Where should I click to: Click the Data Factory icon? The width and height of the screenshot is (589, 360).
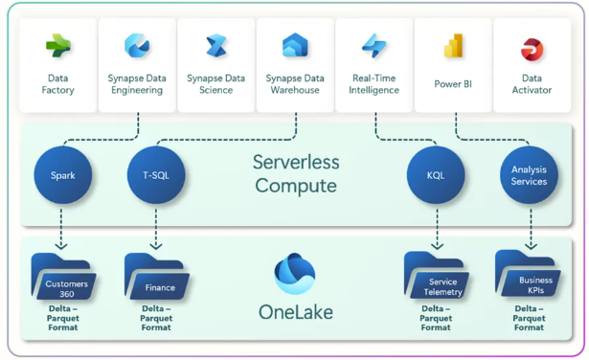coord(57,45)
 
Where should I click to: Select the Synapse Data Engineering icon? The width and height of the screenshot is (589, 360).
coord(137,45)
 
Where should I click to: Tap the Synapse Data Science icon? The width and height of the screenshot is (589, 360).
coord(216,45)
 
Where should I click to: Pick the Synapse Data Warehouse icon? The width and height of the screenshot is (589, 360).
coord(295,45)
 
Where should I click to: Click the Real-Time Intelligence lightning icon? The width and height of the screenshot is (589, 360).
coord(374,45)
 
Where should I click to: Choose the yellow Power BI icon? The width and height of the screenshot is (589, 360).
coord(453,45)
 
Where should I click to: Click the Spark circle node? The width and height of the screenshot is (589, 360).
coord(63,175)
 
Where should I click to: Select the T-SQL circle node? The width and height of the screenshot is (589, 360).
coord(156,175)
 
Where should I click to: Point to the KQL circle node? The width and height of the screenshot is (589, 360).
coord(437,175)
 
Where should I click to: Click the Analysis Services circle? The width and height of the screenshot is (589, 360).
coord(529,175)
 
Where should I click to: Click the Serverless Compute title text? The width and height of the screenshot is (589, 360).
coord(296,173)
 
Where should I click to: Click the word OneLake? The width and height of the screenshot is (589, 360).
coord(295,312)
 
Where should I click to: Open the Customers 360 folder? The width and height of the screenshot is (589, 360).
coord(62,279)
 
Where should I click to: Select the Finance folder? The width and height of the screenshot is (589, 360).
coord(156,279)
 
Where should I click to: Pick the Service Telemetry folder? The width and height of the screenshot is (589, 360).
coord(437,279)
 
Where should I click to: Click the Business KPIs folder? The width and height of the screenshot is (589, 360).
coord(529,277)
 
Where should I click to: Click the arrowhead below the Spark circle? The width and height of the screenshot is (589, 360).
coord(63,246)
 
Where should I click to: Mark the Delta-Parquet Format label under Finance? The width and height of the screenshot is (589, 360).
coord(156,318)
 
